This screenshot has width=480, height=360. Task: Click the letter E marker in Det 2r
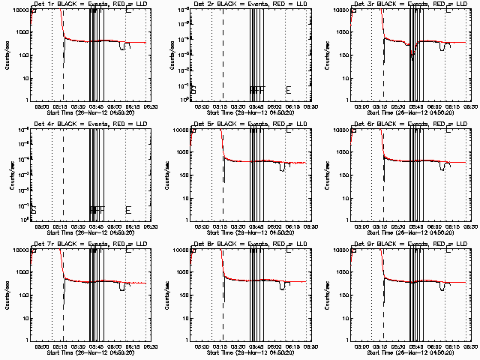coord(289,90)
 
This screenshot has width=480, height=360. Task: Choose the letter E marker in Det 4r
coord(129,210)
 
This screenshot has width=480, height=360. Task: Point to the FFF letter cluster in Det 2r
coord(257,90)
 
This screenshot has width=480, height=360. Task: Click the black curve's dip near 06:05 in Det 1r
coord(123,47)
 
